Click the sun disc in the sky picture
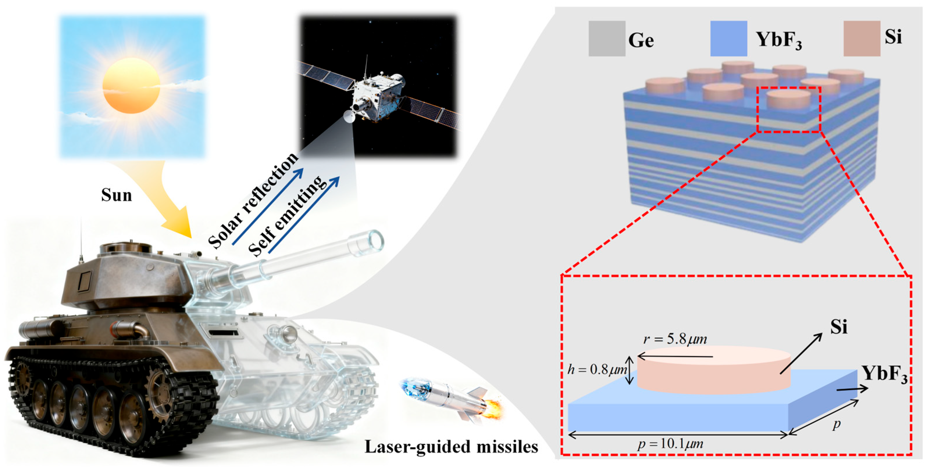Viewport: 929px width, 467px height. (131, 86)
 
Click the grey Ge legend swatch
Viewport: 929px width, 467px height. (607, 39)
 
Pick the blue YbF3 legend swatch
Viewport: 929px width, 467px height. (728, 39)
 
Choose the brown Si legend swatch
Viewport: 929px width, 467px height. (862, 39)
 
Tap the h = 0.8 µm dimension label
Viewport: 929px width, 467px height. (597, 370)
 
